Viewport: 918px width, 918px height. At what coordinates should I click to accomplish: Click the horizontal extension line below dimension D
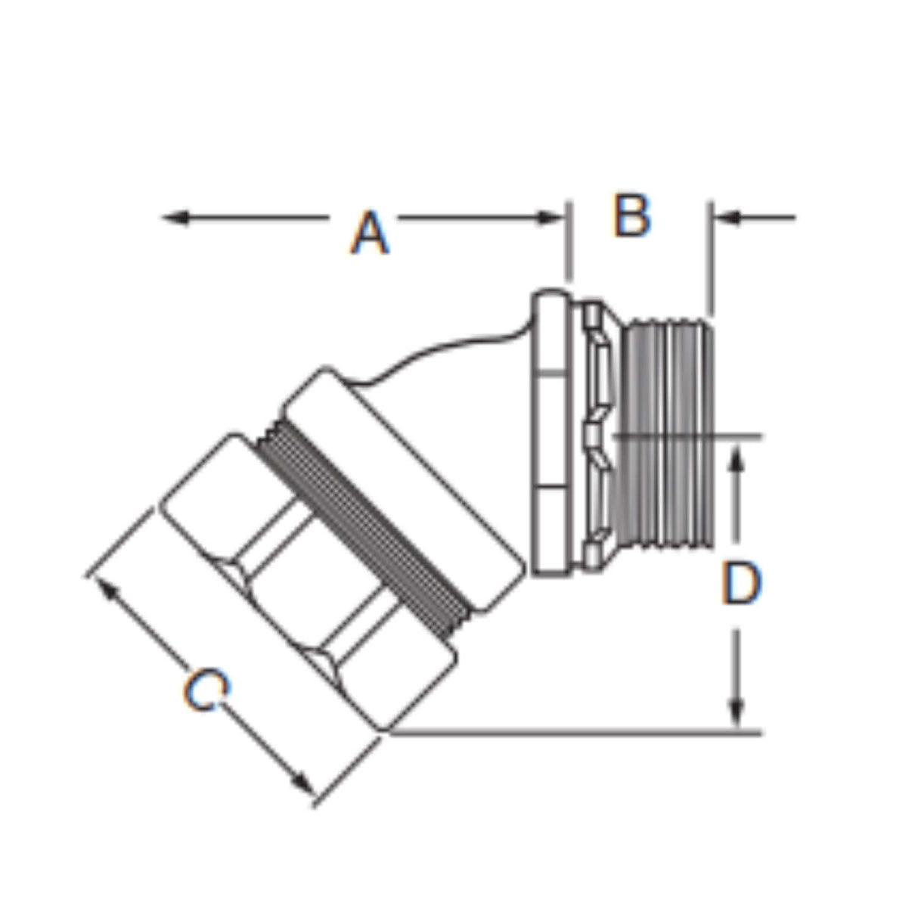(x=575, y=732)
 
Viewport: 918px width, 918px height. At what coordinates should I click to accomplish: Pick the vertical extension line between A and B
(x=569, y=242)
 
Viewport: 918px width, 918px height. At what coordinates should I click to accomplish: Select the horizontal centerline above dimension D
(x=688, y=436)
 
